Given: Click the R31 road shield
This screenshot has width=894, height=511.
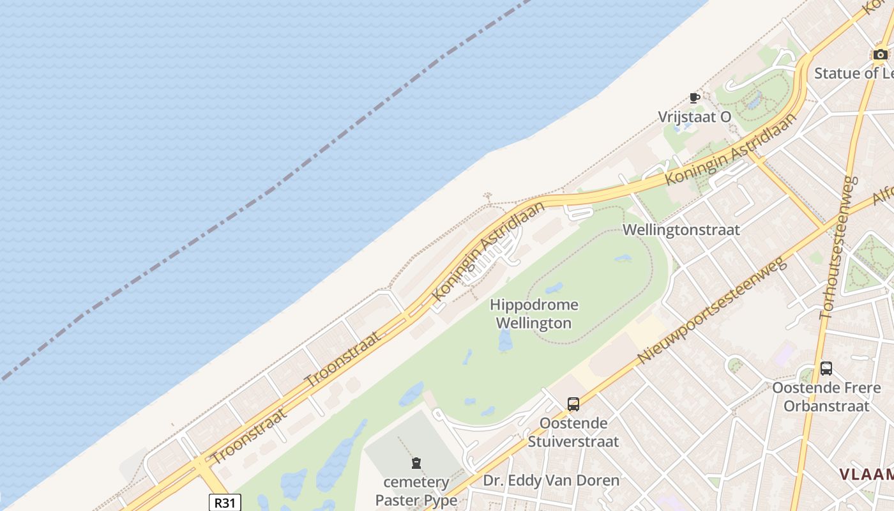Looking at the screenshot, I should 225,503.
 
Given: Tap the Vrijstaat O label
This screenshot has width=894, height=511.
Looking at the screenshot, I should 695,117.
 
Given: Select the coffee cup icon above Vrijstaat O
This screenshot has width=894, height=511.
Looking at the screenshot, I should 695,98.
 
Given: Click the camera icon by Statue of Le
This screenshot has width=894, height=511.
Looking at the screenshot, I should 881,54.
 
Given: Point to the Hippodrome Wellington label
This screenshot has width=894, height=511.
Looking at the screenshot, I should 534,314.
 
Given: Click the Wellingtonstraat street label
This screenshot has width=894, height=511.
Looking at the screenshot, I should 681,229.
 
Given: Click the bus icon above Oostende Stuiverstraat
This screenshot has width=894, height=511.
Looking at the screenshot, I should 573,404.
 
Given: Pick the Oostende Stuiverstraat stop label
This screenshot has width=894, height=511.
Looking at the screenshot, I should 573,432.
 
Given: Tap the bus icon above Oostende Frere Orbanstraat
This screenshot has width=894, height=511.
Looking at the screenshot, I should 826,368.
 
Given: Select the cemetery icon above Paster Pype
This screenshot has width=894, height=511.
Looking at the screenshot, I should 416,462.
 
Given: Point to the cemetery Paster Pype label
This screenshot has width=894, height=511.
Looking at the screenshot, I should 416,491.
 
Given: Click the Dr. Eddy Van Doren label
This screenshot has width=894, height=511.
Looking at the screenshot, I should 551,480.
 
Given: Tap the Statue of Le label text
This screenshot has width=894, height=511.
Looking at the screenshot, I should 853,73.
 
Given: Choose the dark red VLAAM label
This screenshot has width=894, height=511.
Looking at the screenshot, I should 866,474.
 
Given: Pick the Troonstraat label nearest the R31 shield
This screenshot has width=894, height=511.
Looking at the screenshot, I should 248,437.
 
